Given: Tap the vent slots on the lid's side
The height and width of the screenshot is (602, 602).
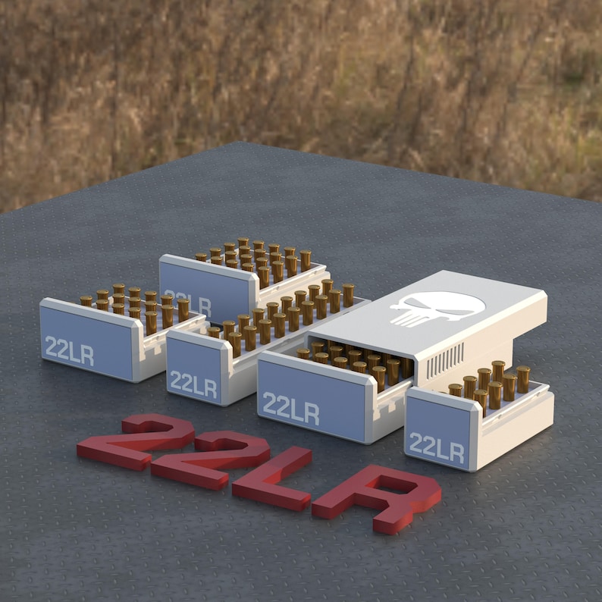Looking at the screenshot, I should point(446,365).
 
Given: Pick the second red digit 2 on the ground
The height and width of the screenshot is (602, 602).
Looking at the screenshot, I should point(212,458).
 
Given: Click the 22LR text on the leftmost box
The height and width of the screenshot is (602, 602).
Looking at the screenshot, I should point(69,350).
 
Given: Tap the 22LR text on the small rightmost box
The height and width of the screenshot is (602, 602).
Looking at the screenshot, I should point(437,447).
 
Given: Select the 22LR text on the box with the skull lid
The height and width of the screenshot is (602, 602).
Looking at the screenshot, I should point(290,409).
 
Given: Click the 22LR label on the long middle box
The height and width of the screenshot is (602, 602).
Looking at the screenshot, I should point(193,384).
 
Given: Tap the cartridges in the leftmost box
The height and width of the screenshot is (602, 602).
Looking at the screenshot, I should point(136,303).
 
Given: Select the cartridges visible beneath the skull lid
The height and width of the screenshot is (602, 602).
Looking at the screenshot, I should point(356,360).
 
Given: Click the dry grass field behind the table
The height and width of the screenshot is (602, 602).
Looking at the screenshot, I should point(303,76).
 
